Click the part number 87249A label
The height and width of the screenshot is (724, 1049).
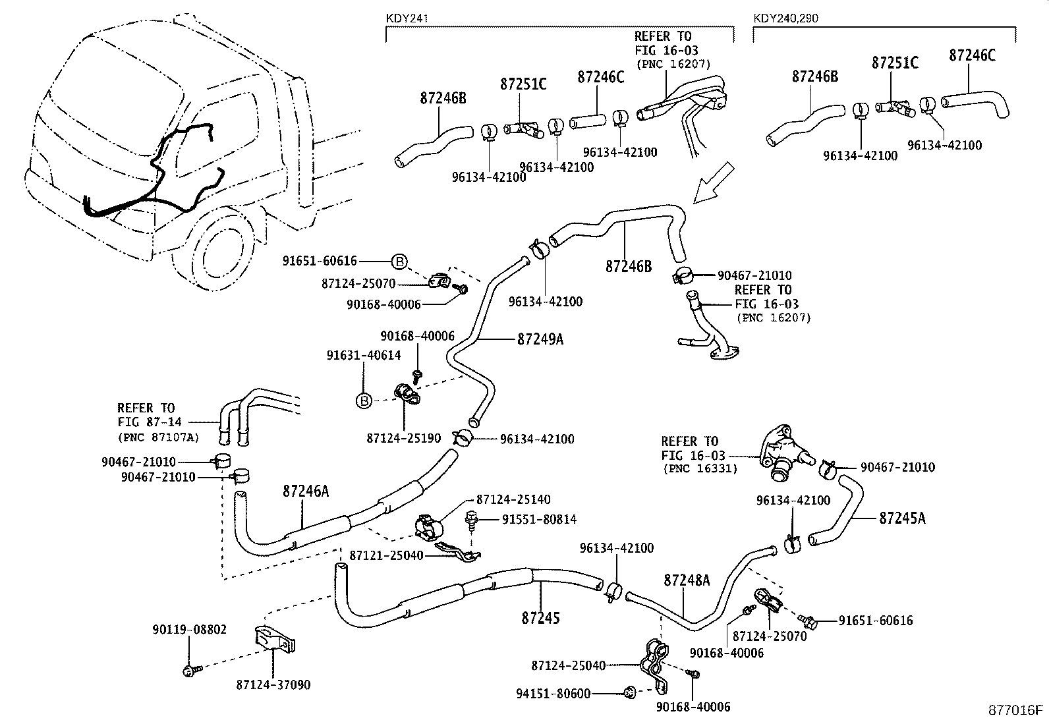[540, 339]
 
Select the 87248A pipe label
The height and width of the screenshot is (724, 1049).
[687, 580]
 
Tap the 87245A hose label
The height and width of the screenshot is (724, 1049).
[901, 518]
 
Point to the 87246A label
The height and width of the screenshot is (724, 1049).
[305, 491]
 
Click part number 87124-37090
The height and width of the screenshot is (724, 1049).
[273, 685]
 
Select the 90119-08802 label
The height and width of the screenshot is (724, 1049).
[189, 629]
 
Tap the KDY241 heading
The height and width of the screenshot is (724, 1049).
[407, 18]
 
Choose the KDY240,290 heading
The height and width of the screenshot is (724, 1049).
[785, 18]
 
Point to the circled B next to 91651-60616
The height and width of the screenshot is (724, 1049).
[400, 262]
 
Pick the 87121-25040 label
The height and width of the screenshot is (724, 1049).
[386, 555]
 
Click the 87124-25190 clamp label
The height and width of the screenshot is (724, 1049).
[403, 438]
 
